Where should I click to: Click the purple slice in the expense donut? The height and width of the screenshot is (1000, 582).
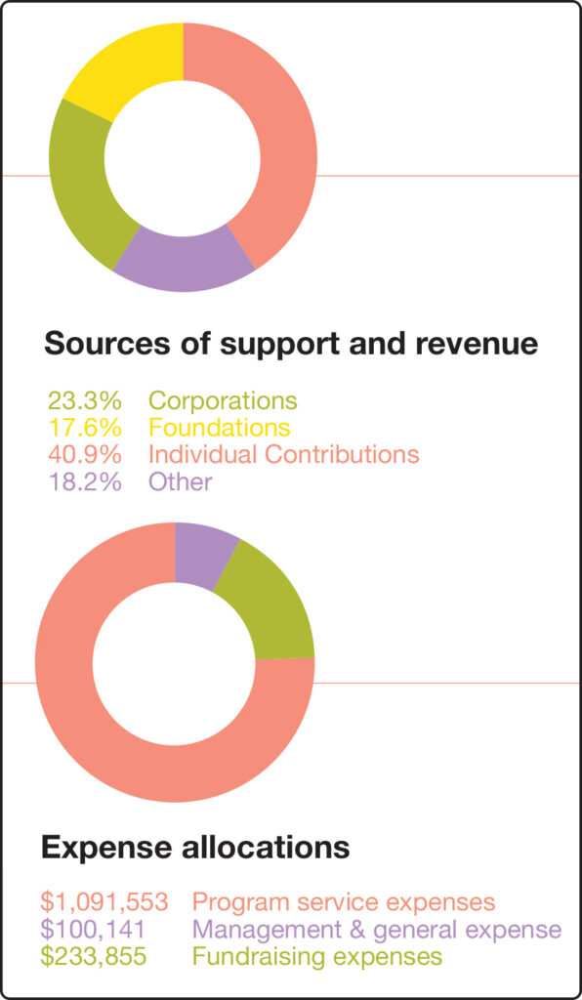203,555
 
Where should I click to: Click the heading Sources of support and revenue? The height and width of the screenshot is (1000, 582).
291,345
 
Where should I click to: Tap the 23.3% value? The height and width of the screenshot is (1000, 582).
84,400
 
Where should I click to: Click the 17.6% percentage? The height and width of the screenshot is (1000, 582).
84,427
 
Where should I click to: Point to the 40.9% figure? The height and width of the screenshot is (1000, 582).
84,454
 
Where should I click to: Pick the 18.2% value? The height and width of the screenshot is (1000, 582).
84,480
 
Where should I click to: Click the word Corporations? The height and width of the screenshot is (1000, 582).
223,401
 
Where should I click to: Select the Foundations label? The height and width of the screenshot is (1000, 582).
220,427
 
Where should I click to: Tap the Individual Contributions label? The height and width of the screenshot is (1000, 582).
283,454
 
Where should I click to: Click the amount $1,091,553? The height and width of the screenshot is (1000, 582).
105,902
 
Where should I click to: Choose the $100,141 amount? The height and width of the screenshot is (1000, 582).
93,930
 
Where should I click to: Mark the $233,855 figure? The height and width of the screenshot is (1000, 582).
93,957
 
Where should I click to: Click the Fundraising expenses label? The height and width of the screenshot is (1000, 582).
317,957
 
